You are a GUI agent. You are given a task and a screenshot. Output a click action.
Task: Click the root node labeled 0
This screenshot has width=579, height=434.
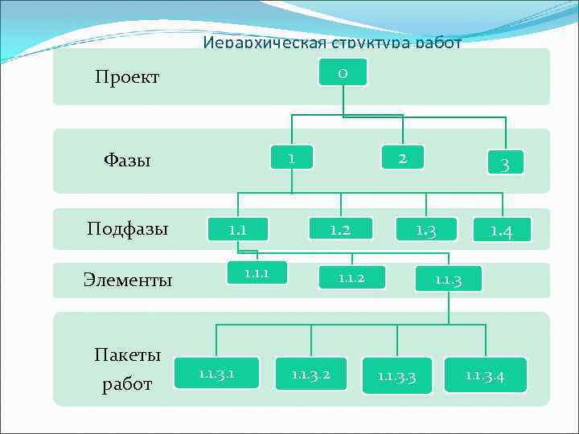pyautogui.click(x=343, y=72)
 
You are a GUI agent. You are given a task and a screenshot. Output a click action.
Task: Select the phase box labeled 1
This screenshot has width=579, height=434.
pyautogui.click(x=291, y=158)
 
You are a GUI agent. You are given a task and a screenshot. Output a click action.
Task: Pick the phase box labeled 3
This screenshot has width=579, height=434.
pyautogui.click(x=505, y=164)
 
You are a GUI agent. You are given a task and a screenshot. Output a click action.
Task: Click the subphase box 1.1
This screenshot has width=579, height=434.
pyautogui.click(x=237, y=230)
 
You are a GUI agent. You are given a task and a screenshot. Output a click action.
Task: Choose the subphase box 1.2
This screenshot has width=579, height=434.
pyautogui.click(x=341, y=230)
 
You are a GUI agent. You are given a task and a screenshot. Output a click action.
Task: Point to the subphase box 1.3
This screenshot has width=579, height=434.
pyautogui.click(x=425, y=231)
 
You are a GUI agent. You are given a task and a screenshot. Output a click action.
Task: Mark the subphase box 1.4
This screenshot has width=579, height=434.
pyautogui.click(x=503, y=231)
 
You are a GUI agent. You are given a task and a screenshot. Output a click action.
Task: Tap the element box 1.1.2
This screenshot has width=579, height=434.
pyautogui.click(x=351, y=278)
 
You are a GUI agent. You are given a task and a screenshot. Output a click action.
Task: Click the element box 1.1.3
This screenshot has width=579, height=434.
pyautogui.click(x=447, y=279)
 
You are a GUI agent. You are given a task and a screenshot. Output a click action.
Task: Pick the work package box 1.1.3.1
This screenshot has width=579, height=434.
pyautogui.click(x=216, y=373)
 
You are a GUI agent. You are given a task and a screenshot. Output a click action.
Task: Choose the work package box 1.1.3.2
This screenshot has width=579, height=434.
pyautogui.click(x=310, y=374)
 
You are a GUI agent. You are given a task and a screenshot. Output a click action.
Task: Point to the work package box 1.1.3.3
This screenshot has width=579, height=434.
pyautogui.click(x=397, y=375)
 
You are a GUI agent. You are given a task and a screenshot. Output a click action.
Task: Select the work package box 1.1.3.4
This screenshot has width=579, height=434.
pyautogui.click(x=485, y=375)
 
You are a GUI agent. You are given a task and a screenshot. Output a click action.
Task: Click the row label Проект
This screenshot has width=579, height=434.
pyautogui.click(x=127, y=77)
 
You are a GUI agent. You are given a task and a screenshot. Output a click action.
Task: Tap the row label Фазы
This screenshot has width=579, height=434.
pyautogui.click(x=127, y=160)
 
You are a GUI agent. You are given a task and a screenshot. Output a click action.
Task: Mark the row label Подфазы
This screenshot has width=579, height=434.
pyautogui.click(x=128, y=228)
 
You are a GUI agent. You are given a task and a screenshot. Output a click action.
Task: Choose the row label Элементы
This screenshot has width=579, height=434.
pyautogui.click(x=128, y=280)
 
